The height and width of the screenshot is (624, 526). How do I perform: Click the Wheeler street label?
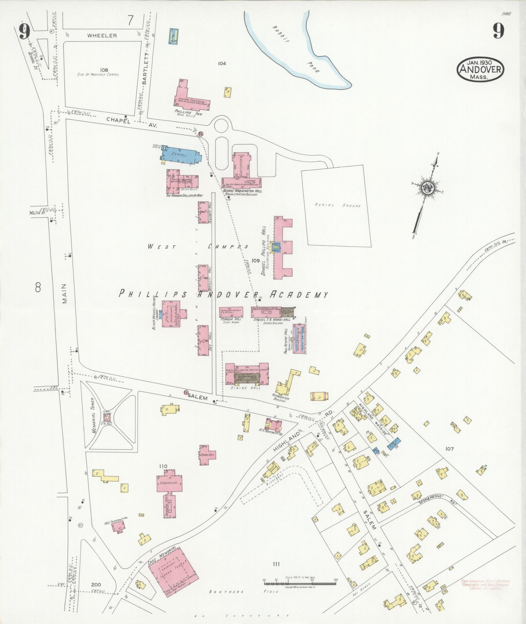point(102,36)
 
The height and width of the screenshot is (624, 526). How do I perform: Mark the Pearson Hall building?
point(231,312)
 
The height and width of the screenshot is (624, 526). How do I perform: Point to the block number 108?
point(104,70)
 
